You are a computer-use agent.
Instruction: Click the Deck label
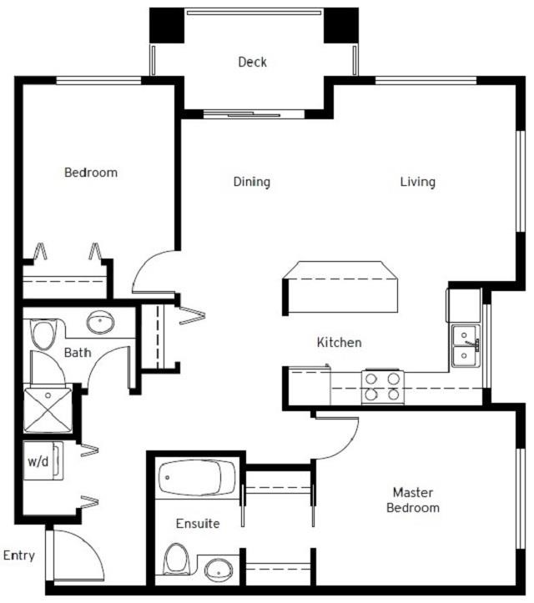pyautogui.click(x=252, y=62)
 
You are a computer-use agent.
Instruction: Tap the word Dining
pyautogui.click(x=251, y=181)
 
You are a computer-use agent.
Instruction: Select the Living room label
pyautogui.click(x=417, y=181)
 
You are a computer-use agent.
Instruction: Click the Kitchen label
pyautogui.click(x=339, y=342)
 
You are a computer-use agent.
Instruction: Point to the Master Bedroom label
pyautogui.click(x=416, y=500)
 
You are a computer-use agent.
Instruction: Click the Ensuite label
pyautogui.click(x=198, y=524)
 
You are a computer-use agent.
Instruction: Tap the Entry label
pyautogui.click(x=18, y=555)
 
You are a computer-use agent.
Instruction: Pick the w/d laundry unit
pyautogui.click(x=40, y=461)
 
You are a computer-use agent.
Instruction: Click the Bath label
pyautogui.click(x=78, y=353)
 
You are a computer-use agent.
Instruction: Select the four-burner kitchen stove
pyautogui.click(x=382, y=386)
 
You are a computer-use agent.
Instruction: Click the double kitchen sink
pyautogui.click(x=465, y=347)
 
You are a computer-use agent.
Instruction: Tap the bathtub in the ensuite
pyautogui.click(x=194, y=479)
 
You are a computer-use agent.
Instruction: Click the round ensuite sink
pyautogui.click(x=219, y=571)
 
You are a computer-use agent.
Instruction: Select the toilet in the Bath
pyautogui.click(x=43, y=334)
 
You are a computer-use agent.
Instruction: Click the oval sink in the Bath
pyautogui.click(x=102, y=321)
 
